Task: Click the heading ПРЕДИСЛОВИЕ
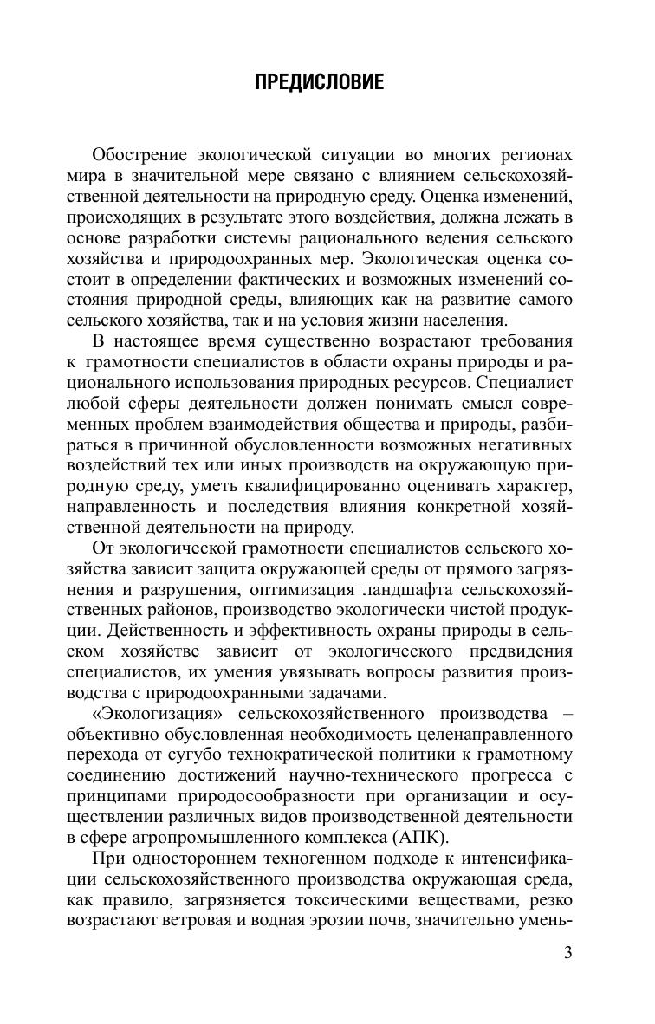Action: click(319, 83)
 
